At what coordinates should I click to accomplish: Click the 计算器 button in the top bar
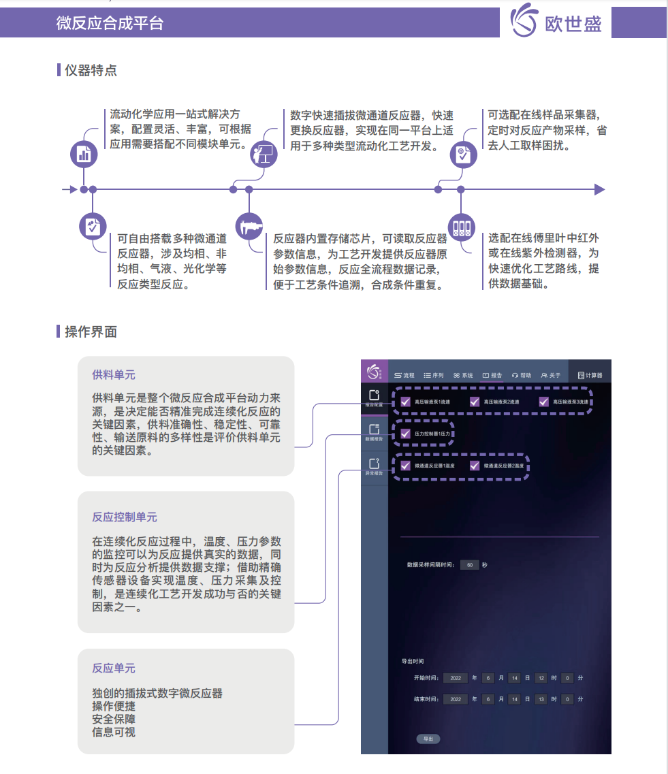590,375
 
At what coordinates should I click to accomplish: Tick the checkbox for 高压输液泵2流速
475,402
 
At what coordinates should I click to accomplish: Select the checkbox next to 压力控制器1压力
405,433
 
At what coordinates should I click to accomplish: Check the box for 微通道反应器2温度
475,466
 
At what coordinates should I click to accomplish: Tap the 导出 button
428,739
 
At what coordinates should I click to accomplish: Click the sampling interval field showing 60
469,565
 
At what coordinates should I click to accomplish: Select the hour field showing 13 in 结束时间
541,699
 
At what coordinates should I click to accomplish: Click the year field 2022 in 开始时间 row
455,678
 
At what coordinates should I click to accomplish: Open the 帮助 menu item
522,375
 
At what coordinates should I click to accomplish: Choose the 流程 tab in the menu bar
404,375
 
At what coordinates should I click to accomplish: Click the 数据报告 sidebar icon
374,432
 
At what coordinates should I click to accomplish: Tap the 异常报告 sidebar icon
374,466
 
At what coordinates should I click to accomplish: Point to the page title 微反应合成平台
110,23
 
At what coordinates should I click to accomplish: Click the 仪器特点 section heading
91,69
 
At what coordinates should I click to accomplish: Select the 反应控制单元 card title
125,517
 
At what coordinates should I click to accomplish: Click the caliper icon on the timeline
249,226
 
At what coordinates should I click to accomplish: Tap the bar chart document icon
84,155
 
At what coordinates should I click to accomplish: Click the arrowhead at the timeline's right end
599,189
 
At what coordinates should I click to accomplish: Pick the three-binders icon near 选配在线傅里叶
461,226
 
